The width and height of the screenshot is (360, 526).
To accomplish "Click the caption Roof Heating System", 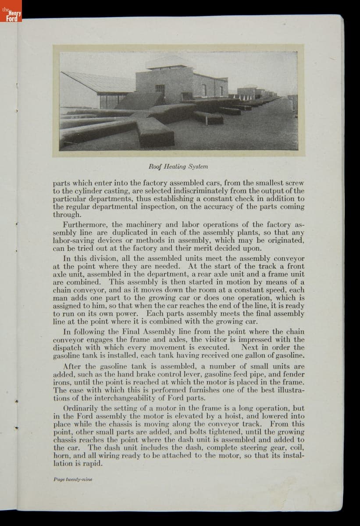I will click(x=178, y=167).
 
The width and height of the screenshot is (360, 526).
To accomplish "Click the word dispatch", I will click(x=69, y=348).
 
